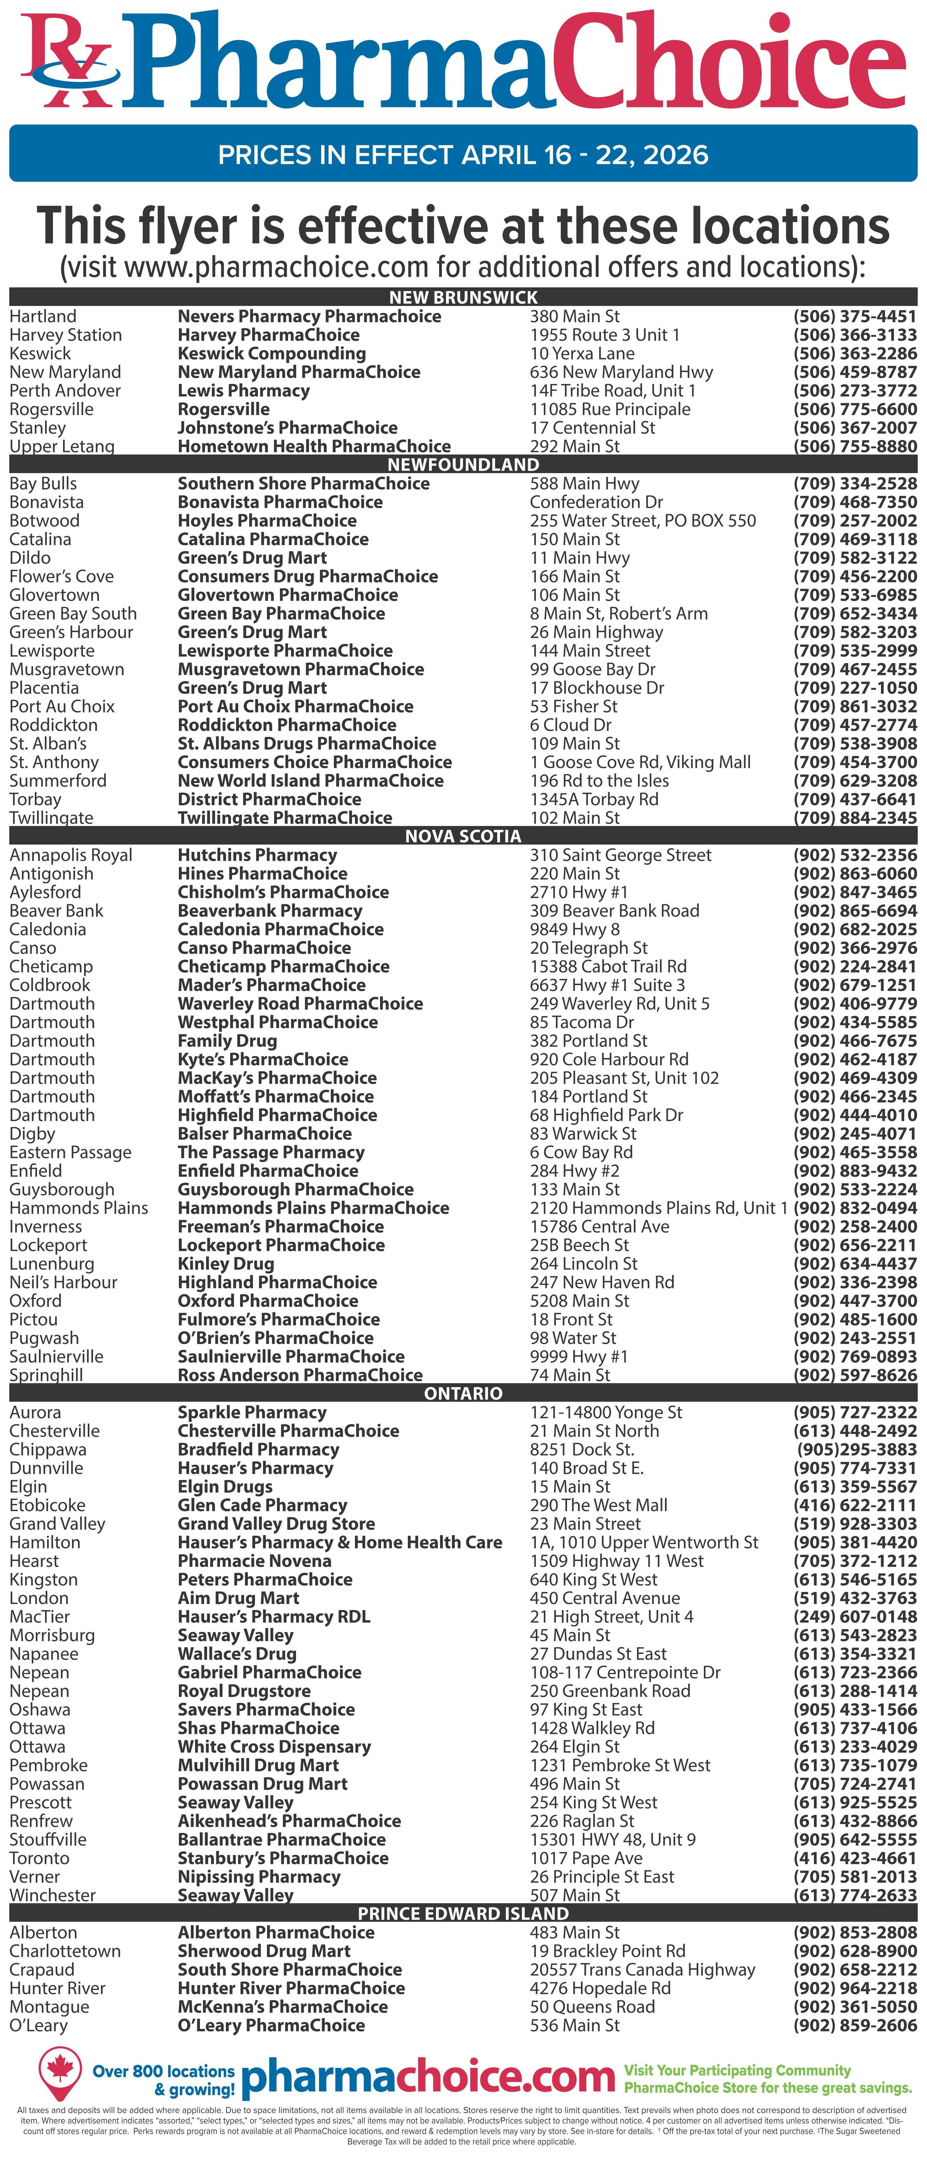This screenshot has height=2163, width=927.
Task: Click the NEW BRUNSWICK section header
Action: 463,297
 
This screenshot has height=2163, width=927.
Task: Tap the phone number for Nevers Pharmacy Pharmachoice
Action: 855,316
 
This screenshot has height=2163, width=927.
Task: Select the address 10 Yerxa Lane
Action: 582,353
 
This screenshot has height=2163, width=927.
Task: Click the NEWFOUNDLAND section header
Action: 463,464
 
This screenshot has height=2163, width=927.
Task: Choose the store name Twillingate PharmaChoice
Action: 285,818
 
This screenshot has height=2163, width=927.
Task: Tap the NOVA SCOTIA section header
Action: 463,836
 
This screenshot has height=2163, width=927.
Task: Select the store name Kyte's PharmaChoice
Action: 263,1060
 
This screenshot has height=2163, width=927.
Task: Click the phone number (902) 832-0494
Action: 855,1208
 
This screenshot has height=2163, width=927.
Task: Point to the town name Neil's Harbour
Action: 63,1282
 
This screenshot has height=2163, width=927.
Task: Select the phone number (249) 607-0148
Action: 855,1616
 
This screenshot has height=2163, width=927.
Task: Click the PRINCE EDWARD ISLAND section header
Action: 463,1914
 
